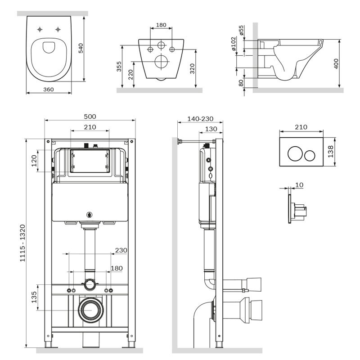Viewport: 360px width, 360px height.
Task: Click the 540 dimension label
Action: [81, 48]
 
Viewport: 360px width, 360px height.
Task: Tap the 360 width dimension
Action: [49, 89]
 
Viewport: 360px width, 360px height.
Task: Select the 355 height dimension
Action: [119, 66]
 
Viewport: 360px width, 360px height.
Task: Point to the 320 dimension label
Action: [193, 68]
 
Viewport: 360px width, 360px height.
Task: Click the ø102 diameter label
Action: [234, 44]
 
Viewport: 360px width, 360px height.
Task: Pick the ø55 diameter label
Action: [241, 30]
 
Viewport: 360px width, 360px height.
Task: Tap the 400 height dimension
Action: [336, 63]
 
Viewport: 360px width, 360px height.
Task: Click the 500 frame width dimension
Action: [90, 117]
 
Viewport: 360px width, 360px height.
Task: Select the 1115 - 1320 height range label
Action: [22, 243]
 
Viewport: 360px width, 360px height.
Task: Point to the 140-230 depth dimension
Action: [200, 119]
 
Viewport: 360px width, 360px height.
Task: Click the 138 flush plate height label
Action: [330, 152]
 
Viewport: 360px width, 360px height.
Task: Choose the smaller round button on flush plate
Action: [310, 156]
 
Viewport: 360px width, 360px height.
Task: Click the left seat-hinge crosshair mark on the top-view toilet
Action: [40, 29]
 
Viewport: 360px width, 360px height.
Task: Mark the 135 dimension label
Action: [34, 297]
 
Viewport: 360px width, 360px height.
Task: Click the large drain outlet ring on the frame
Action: [91, 310]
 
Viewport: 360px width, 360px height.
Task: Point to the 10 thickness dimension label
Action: [299, 185]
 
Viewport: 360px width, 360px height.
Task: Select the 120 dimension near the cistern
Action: [34, 161]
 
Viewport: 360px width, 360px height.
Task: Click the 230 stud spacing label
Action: [121, 250]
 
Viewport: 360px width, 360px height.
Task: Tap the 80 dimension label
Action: [241, 83]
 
